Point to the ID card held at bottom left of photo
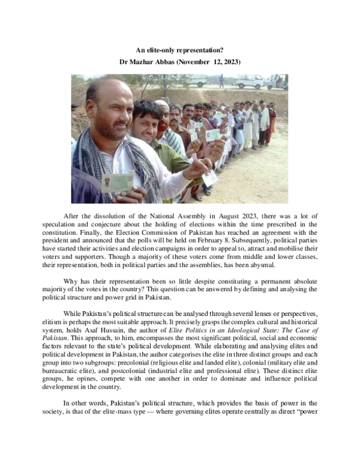[117, 181]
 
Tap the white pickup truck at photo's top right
[250, 81]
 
